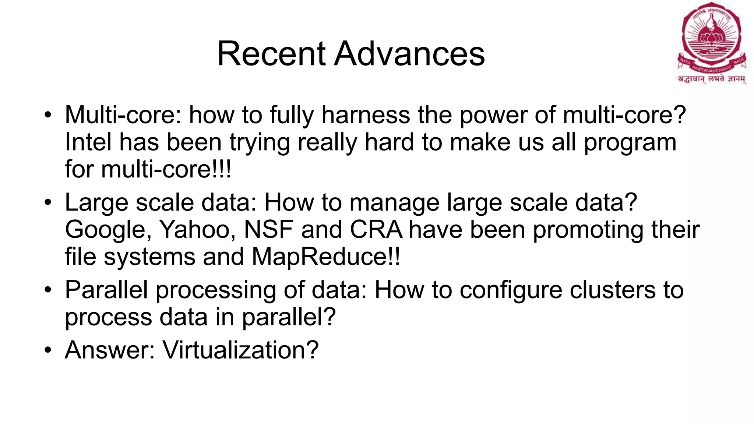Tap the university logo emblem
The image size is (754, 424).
coord(711,39)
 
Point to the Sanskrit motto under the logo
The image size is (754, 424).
coord(712,79)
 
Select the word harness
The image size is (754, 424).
coord(366,115)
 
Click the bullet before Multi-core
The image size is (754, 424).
coord(47,115)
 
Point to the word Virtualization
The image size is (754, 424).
coord(240,350)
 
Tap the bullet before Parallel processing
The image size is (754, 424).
coord(47,290)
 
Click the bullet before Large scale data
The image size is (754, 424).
coord(47,203)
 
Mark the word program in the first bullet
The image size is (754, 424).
coord(630,143)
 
